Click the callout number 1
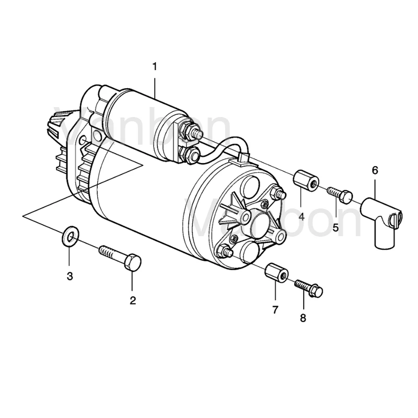click(155, 66)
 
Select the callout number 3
click(70, 276)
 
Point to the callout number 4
click(301, 216)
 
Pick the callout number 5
click(335, 227)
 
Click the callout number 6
click(375, 170)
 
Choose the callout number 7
click(275, 309)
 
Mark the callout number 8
click(304, 317)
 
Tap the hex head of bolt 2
click(133, 262)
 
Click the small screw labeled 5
click(340, 195)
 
